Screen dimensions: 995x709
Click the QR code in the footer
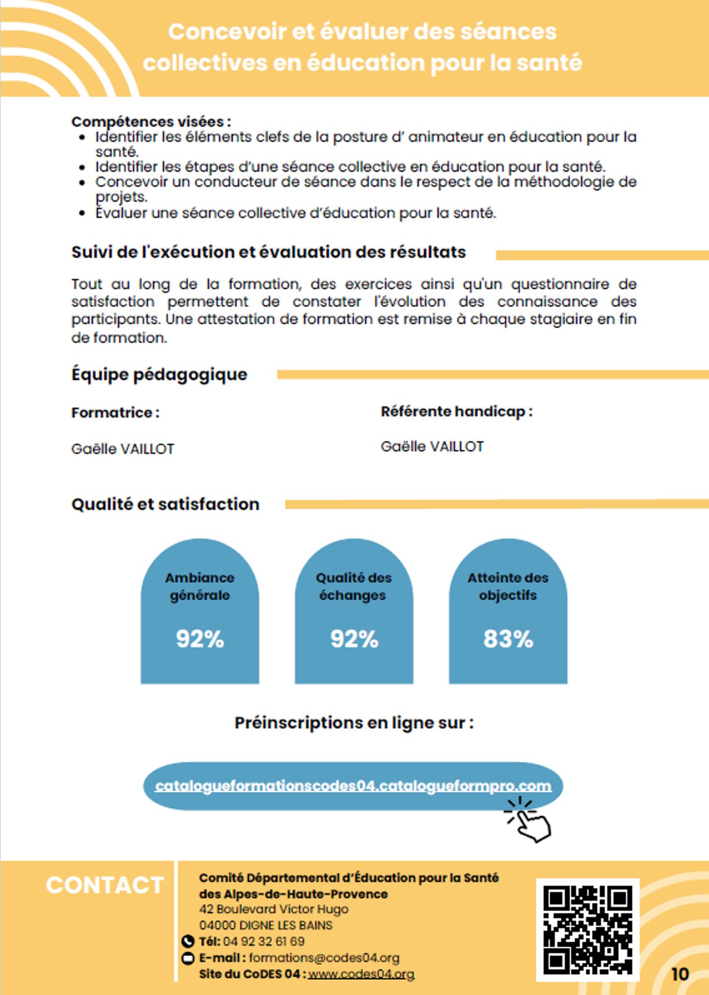pyautogui.click(x=587, y=929)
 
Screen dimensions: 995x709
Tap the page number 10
pyautogui.click(x=680, y=974)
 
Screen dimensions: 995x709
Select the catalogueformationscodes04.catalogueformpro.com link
pyautogui.click(x=353, y=786)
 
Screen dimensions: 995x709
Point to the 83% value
pyautogui.click(x=508, y=639)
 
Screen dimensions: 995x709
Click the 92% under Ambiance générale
pyautogui.click(x=200, y=639)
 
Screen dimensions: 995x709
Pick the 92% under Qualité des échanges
pyautogui.click(x=354, y=639)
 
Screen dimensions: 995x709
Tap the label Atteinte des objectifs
pyautogui.click(x=508, y=586)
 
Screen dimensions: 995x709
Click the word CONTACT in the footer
pyautogui.click(x=105, y=886)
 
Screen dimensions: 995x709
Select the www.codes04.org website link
pyautogui.click(x=361, y=974)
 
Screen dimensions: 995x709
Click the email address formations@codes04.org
pyautogui.click(x=324, y=958)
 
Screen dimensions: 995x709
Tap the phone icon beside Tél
pyautogui.click(x=188, y=941)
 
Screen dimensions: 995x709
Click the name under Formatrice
pyautogui.click(x=123, y=449)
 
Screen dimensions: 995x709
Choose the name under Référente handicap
pyautogui.click(x=432, y=446)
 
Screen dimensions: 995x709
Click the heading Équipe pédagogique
pyautogui.click(x=159, y=374)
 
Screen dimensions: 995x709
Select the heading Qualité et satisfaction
pyautogui.click(x=165, y=504)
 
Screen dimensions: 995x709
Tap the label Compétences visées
pyautogui.click(x=151, y=121)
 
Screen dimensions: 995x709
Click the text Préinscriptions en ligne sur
pyautogui.click(x=354, y=722)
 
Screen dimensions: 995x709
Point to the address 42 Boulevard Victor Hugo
pyautogui.click(x=274, y=909)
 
